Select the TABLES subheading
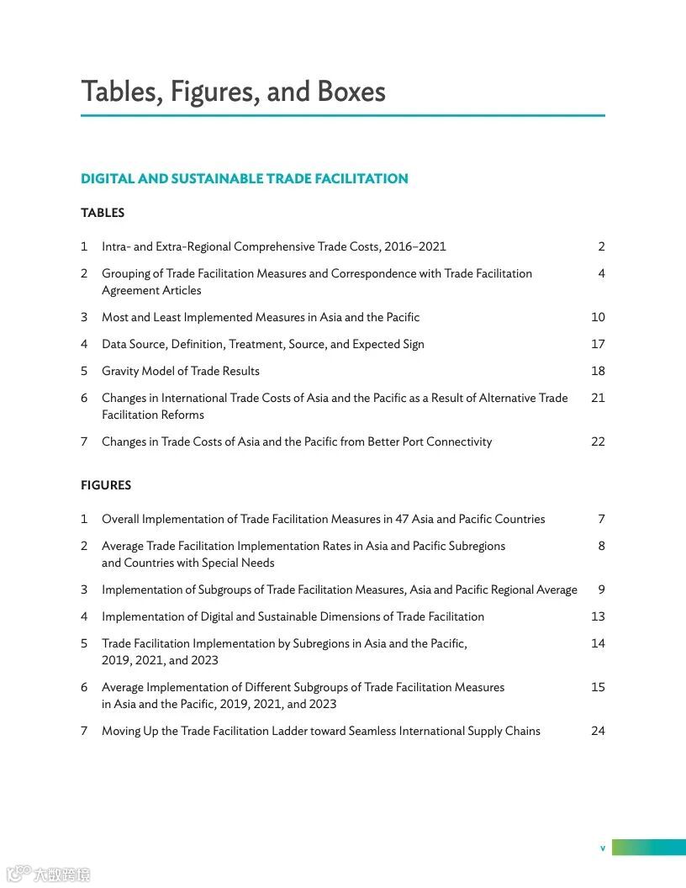coord(103,213)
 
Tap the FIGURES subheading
coord(106,485)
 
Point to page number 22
coord(598,441)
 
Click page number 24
coord(598,731)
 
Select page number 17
coord(598,344)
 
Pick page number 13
coord(598,616)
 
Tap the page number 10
coord(598,317)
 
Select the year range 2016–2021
coord(415,246)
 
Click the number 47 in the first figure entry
coord(400,519)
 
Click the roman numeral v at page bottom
coord(602,848)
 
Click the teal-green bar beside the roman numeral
coord(648,848)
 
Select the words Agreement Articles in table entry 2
coord(151,290)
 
